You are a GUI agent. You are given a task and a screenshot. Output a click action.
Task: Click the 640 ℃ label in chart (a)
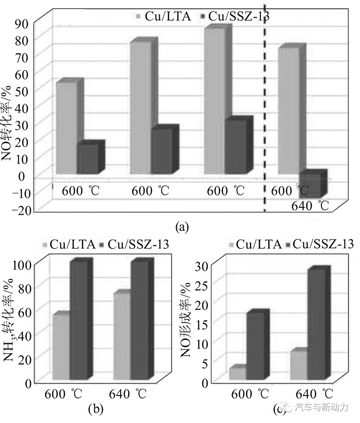point(310,206)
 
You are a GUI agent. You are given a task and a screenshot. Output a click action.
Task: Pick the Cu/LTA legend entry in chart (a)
point(163,16)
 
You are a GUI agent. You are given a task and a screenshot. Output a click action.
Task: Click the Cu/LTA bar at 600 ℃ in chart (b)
point(61,347)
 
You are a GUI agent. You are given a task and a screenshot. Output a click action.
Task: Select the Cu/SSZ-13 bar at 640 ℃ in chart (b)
point(140,320)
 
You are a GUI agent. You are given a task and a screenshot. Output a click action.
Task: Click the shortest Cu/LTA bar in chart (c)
point(238,373)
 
